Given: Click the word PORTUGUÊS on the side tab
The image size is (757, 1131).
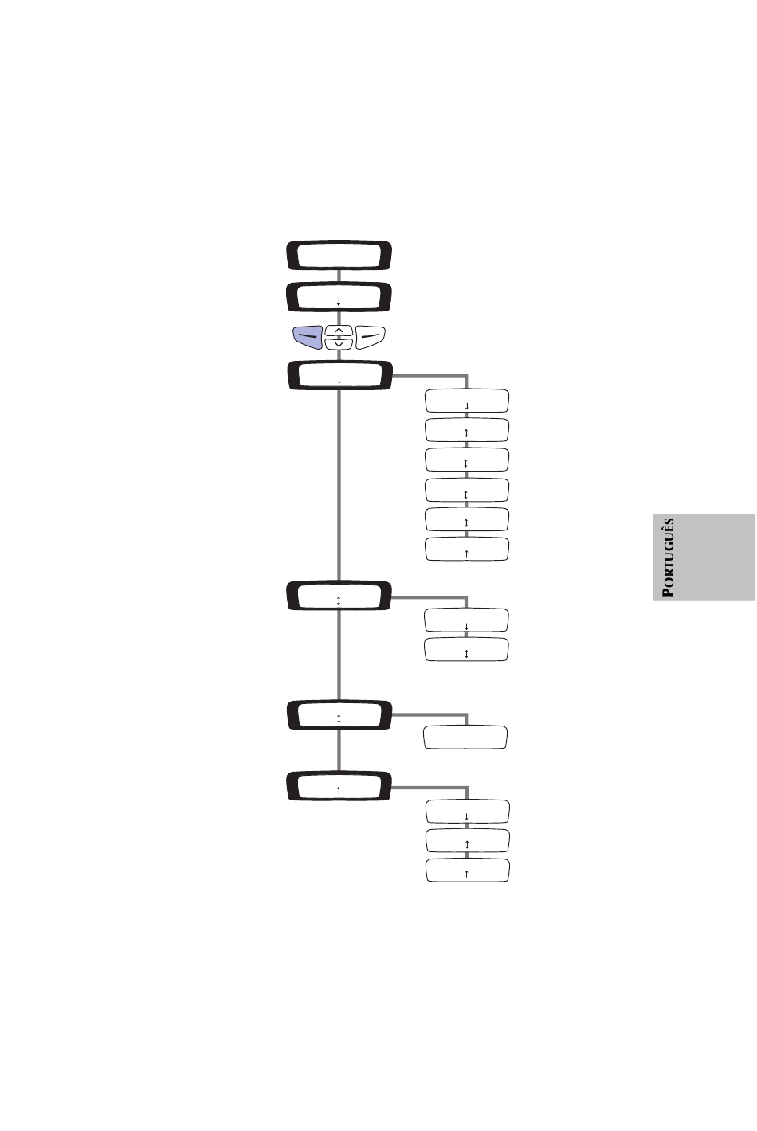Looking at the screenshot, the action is click(668, 557).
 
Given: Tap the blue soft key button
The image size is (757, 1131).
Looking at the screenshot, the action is click(308, 337).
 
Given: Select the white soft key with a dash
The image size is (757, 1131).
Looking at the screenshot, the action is click(371, 337).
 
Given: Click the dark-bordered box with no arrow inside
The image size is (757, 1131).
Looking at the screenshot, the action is click(339, 255).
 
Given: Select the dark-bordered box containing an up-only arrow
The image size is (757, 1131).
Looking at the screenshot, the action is click(339, 785).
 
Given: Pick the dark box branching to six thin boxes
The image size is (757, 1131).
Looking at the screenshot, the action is click(340, 375).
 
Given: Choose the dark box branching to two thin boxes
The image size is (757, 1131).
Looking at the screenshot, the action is click(339, 595).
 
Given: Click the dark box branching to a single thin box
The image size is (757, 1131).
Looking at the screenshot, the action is click(339, 714).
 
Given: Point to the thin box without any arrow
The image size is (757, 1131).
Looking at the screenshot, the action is click(465, 738).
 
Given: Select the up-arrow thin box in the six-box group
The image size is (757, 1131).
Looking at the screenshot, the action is click(467, 549).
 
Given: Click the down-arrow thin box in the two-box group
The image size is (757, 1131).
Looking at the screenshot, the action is click(466, 620).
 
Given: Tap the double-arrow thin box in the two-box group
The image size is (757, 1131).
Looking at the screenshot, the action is click(466, 649).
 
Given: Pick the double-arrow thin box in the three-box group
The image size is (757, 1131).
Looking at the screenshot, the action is click(468, 840).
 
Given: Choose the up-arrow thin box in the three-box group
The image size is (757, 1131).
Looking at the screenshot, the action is click(468, 870).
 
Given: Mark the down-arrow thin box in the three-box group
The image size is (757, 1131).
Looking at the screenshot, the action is click(468, 812).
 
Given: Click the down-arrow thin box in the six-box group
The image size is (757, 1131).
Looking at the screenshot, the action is click(467, 401).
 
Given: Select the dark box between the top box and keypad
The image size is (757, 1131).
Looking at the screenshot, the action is click(339, 297).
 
